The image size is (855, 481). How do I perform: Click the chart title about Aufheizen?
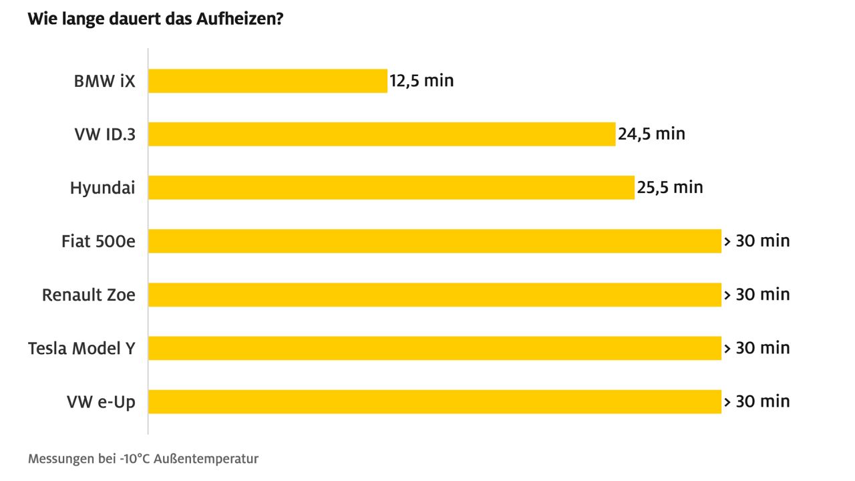[x=156, y=19]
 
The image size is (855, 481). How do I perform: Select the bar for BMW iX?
[x=267, y=81]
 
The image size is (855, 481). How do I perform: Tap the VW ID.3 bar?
[x=381, y=134]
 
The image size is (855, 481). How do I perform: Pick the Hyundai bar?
[x=391, y=188]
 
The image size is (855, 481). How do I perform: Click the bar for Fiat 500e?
[x=434, y=241]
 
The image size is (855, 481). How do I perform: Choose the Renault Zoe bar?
[x=434, y=295]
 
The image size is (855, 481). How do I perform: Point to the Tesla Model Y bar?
[x=434, y=348]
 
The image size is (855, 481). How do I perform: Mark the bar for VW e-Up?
[x=434, y=402]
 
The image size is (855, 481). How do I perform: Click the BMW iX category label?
[x=104, y=81]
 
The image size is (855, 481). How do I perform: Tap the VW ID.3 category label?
[x=104, y=134]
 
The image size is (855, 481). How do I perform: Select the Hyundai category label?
[x=102, y=188]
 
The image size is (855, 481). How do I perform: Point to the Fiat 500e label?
[x=98, y=241]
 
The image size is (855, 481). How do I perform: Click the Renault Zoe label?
[x=88, y=295]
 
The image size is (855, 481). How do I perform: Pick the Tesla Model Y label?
[x=81, y=348]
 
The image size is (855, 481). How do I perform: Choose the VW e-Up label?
[x=101, y=402]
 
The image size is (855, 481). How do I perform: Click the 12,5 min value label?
[x=421, y=81]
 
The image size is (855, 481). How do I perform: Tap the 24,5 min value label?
[x=651, y=134]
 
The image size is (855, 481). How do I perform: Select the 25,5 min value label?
[x=669, y=188]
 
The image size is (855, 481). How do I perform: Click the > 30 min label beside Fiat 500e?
[x=756, y=241]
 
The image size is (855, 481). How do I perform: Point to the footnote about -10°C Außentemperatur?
[x=143, y=459]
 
